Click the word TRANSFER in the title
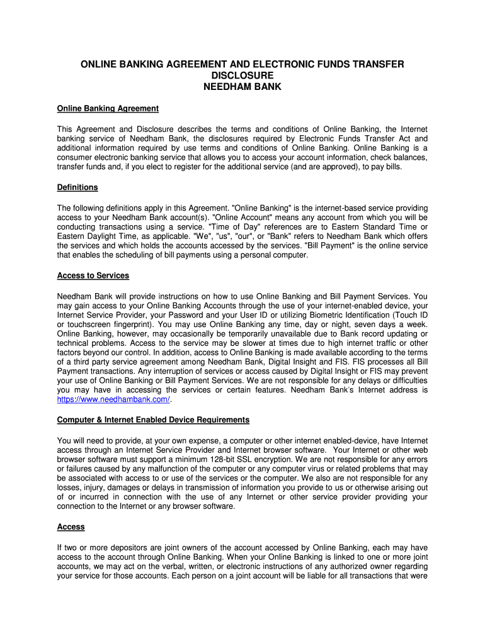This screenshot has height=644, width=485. tap(368, 64)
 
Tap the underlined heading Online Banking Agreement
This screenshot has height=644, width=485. tap(108, 108)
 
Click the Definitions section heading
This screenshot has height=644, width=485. tap(77, 187)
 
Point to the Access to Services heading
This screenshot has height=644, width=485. tap(93, 275)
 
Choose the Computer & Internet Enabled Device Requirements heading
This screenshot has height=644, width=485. tap(153, 419)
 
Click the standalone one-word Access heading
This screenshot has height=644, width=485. tap(71, 526)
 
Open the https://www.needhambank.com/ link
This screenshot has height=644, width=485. tap(113, 399)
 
